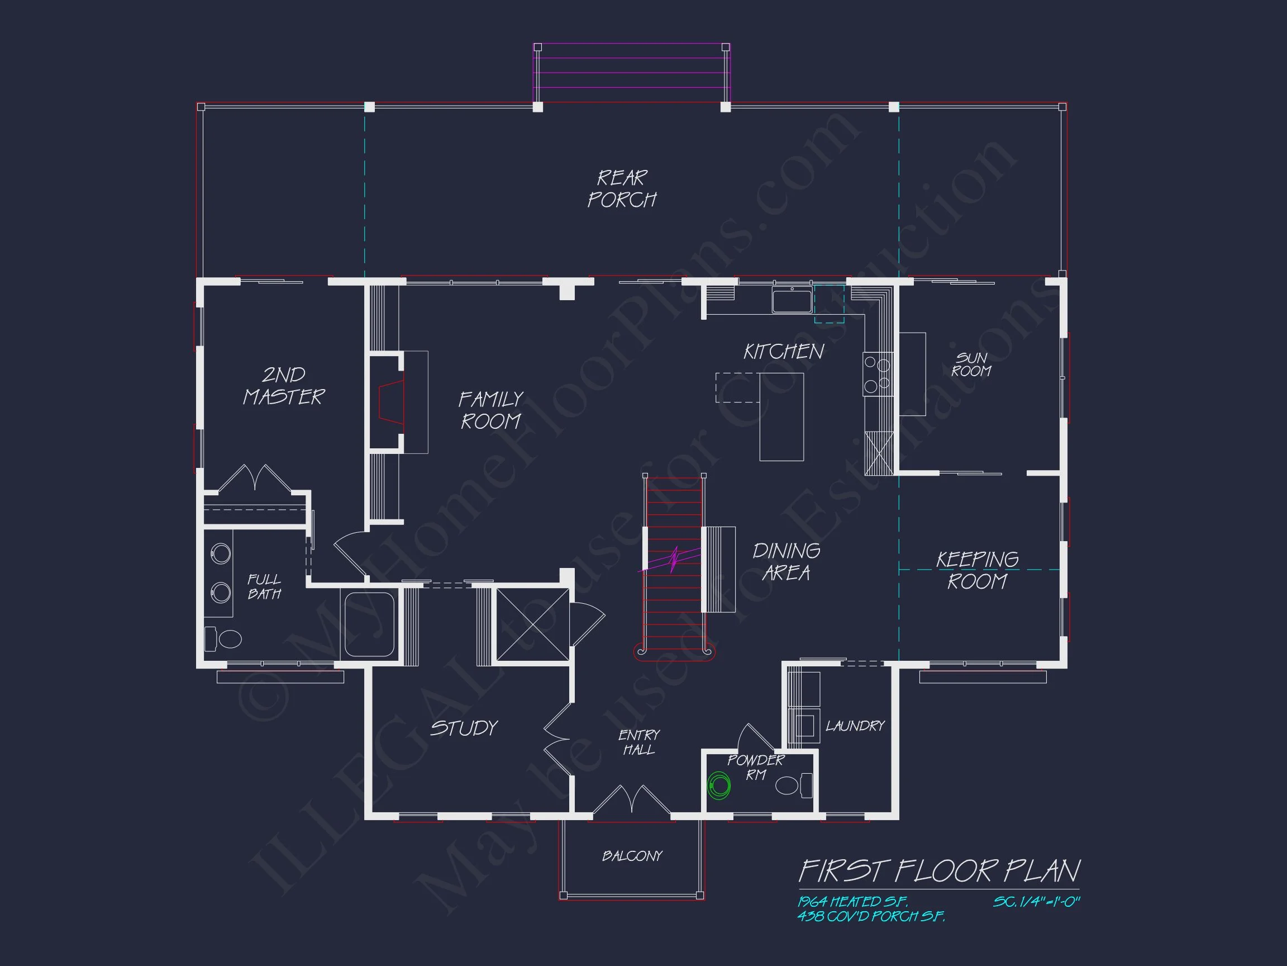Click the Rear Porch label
tap(622, 188)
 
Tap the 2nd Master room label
tap(283, 386)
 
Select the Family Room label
tap(491, 410)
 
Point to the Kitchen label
tap(784, 351)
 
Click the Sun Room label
tap(971, 364)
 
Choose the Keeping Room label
tap(977, 570)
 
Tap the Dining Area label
tap(786, 561)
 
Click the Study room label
tap(464, 728)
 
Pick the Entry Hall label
tap(639, 742)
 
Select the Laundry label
tap(855, 726)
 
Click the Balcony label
tap(632, 855)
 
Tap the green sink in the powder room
tap(719, 786)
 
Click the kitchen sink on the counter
tap(792, 300)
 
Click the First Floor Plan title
tap(939, 871)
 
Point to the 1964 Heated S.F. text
tap(852, 901)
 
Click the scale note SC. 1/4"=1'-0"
tap(1036, 901)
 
